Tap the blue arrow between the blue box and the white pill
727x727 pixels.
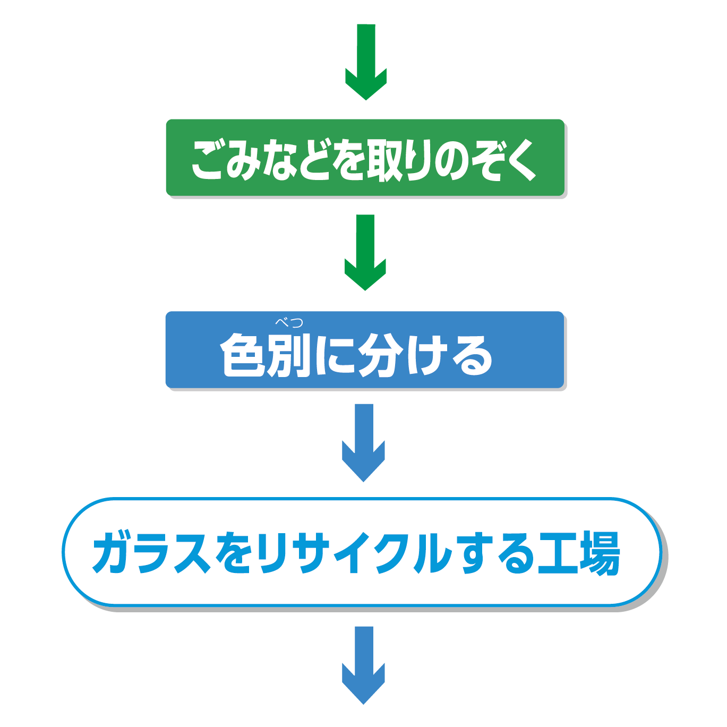pos(364,442)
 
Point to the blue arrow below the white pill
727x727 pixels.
pos(364,665)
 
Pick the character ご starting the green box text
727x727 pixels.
pos(209,159)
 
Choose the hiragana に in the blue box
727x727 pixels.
pos(335,355)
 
